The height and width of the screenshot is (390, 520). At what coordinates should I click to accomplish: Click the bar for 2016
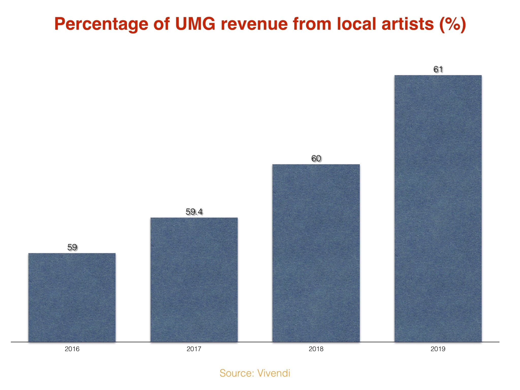click(72, 297)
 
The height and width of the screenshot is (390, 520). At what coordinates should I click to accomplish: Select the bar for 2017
click(194, 280)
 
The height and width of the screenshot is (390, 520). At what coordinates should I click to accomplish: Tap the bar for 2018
click(316, 253)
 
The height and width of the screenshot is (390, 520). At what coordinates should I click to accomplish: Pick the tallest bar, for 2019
click(438, 208)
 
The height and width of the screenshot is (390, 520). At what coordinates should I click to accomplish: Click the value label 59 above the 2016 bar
click(72, 247)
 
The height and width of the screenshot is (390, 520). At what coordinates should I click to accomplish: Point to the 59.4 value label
click(194, 212)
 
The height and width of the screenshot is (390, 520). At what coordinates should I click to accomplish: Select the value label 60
click(316, 158)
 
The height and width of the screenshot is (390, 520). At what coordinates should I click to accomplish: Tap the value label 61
click(438, 69)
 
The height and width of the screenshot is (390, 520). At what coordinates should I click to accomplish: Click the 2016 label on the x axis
click(72, 349)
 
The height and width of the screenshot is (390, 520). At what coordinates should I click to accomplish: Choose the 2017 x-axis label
click(194, 349)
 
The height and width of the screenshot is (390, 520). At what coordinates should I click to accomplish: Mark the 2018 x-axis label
click(316, 349)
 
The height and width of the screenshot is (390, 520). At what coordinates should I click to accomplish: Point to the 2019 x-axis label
click(438, 349)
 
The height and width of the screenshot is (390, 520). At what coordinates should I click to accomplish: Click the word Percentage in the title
click(101, 24)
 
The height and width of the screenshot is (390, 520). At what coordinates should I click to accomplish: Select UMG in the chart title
click(195, 24)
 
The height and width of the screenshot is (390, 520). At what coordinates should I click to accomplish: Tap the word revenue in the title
click(254, 24)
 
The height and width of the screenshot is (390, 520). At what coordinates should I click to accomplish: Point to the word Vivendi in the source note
click(274, 373)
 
